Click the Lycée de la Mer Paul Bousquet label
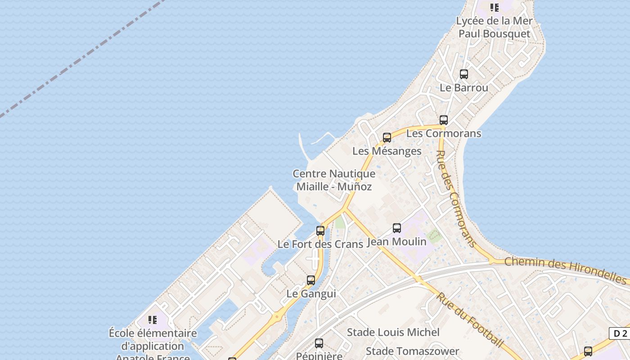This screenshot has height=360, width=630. coord(494,27)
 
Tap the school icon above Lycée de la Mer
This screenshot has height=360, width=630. coord(495,7)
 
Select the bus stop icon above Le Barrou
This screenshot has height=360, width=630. coord(463,74)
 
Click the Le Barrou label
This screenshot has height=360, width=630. coord(463,87)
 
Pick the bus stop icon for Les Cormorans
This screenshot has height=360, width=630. coord(444,120)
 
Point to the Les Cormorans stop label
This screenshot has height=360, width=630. coord(444,134)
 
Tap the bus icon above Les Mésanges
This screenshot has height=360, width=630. coord(387,138)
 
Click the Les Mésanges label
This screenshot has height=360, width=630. coord(387,151)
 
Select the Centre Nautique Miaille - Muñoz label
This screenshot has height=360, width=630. coord(334,180)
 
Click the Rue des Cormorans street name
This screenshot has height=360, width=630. coord(456,198)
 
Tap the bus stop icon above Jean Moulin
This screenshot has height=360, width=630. coord(397,228)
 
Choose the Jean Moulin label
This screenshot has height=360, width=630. coord(397,242)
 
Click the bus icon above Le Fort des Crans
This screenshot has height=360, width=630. coord(320,231)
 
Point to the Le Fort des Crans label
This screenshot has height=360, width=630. coord(320,244)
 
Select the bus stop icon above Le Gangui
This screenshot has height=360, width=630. coord(310,280)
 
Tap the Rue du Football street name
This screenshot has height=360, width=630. coord(469,320)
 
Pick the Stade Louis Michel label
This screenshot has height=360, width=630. coord(393,333)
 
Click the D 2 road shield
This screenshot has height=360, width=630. coord(620,333)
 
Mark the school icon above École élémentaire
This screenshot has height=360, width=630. coord(153,320)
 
